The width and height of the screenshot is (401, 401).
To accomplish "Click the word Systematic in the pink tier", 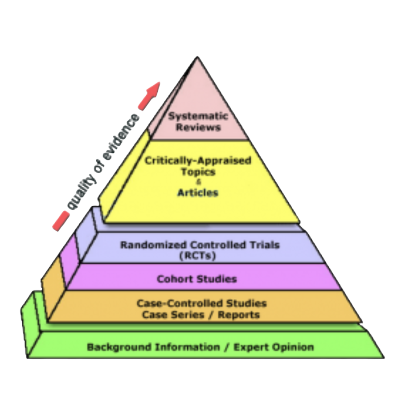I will tap(198, 117).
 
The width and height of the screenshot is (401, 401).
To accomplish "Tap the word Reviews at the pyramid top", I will tap(198, 127).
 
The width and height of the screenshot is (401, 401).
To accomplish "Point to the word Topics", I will tap(198, 171).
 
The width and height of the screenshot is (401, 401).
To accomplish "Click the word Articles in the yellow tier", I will tap(198, 192).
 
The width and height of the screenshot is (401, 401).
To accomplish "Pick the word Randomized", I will tap(149, 245).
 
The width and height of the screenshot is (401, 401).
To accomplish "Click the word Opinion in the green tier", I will tap(295, 347).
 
